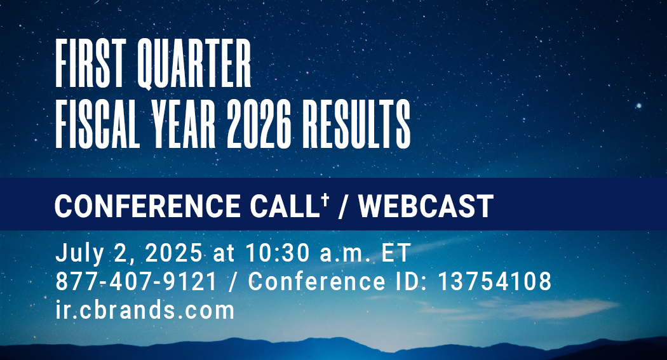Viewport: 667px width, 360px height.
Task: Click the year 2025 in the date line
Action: pos(173,253)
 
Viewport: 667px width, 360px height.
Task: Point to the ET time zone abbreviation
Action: pos(396,253)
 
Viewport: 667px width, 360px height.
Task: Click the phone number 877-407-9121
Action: pos(136,282)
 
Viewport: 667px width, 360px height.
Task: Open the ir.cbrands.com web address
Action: pos(145,310)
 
